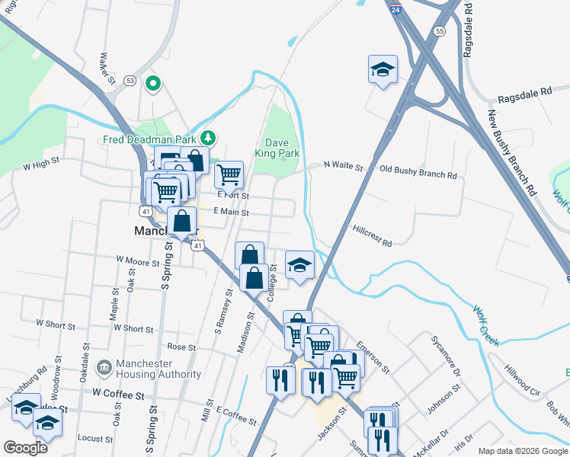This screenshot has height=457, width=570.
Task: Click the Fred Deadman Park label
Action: pyautogui.click(x=150, y=139)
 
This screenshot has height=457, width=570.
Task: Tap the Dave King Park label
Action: pyautogui.click(x=282, y=148)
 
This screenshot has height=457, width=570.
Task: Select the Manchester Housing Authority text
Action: pyautogui.click(x=159, y=369)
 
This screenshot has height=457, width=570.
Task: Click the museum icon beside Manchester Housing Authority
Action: pyautogui.click(x=104, y=368)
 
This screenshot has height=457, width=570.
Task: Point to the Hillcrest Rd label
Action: pyautogui.click(x=372, y=235)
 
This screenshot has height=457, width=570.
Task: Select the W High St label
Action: pyautogui.click(x=41, y=164)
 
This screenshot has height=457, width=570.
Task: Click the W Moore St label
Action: pyautogui.click(x=137, y=261)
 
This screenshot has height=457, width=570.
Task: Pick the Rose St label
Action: pyautogui.click(x=181, y=347)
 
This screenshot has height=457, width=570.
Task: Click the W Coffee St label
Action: pyautogui.click(x=118, y=395)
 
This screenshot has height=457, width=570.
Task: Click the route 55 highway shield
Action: pyautogui.click(x=440, y=31)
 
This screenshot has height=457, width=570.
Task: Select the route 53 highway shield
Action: pyautogui.click(x=130, y=80)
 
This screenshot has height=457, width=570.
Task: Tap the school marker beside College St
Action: pyautogui.click(x=299, y=265)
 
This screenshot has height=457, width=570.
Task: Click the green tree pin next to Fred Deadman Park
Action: pyautogui.click(x=208, y=138)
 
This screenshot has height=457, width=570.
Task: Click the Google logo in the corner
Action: pyautogui.click(x=25, y=447)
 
